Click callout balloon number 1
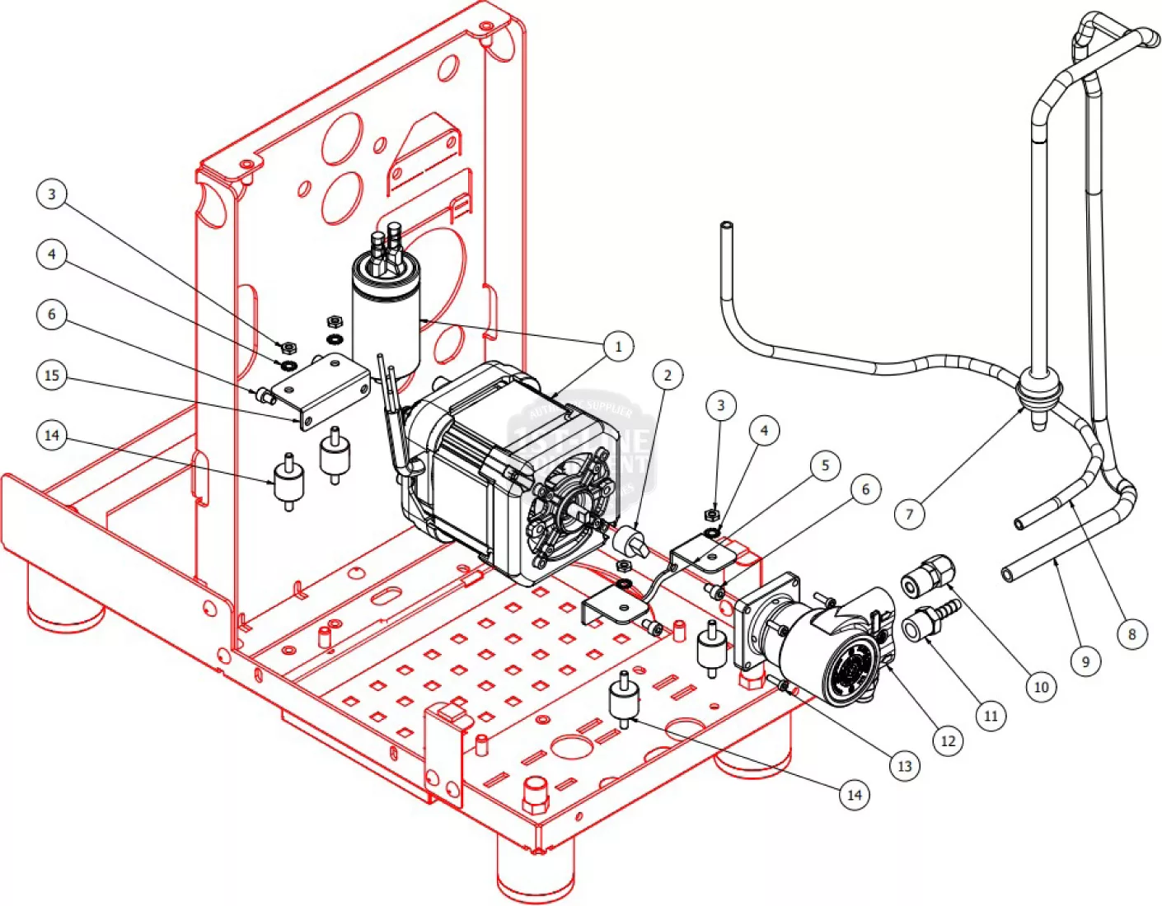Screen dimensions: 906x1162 618,346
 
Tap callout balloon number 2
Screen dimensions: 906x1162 668,376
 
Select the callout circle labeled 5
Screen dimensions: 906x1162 825,465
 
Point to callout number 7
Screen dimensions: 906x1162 910,515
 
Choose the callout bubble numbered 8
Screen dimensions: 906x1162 1132,633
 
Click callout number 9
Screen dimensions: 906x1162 1085,661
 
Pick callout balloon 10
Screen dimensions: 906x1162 1041,686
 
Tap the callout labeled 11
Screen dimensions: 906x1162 991,716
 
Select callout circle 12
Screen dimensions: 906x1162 949,740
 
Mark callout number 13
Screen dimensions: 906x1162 904,766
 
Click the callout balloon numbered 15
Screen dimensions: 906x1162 52,376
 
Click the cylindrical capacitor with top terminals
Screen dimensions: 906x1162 386,309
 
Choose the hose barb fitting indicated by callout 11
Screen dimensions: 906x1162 930,622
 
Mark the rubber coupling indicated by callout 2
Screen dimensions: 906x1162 630,541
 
